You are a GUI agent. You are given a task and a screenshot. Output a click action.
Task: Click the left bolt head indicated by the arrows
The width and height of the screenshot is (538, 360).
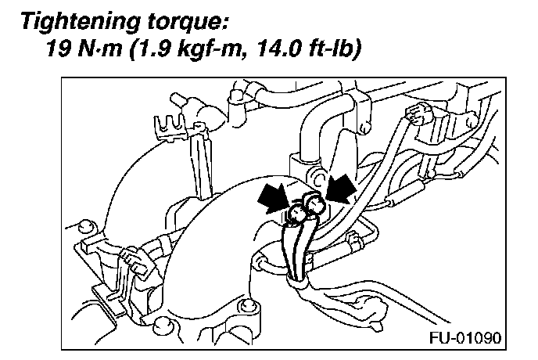(297, 212)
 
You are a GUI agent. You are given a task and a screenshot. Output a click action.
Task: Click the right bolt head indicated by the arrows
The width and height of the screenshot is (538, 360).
(316, 205)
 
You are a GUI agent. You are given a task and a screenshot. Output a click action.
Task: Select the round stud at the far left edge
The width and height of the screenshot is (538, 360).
(87, 226)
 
